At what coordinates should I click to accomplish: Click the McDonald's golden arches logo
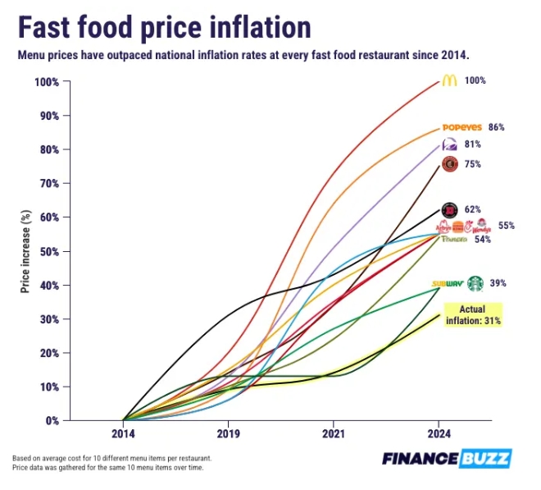click(x=448, y=81)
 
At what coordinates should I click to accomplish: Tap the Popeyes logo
click(x=461, y=127)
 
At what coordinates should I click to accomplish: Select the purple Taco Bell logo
click(x=449, y=144)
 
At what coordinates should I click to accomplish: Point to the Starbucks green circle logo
click(x=475, y=283)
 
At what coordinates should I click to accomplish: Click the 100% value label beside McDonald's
click(x=475, y=81)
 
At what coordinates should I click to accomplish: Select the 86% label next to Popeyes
click(x=496, y=127)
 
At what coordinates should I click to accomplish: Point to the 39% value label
click(x=498, y=283)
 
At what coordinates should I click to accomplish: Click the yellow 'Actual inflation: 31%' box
click(x=472, y=314)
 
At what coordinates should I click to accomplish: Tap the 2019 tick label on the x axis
click(x=228, y=432)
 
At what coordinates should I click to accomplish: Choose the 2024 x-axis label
click(x=439, y=432)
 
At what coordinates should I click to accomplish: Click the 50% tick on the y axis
click(x=47, y=251)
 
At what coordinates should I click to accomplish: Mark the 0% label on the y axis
click(x=50, y=420)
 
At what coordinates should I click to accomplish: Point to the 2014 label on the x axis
click(x=123, y=432)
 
